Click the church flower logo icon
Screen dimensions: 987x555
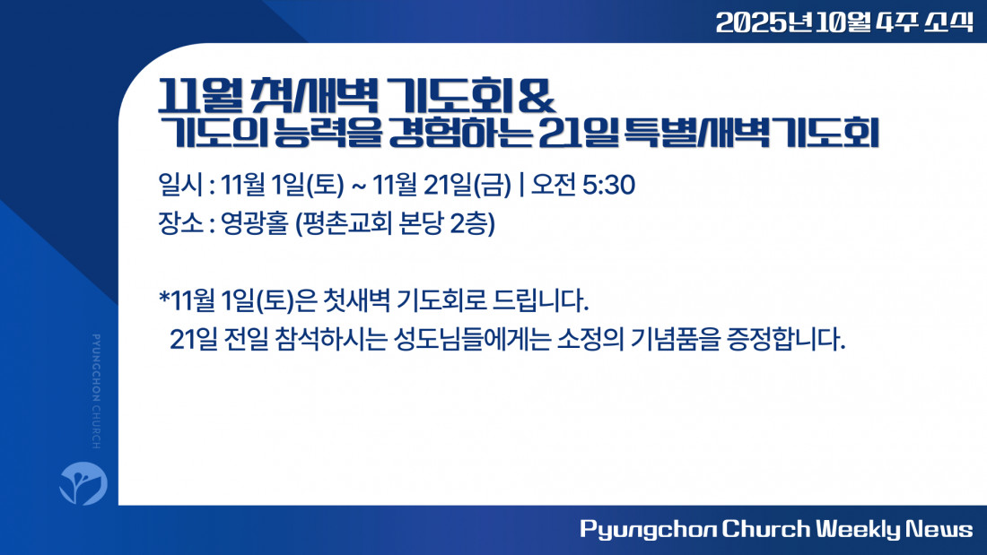[x=83, y=483]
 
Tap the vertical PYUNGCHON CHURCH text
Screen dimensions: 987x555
[x=96, y=392]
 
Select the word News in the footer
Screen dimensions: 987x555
[x=939, y=529]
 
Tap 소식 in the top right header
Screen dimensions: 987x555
[x=948, y=22]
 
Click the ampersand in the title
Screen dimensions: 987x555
[x=537, y=97]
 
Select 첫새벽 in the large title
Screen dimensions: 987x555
[x=314, y=96]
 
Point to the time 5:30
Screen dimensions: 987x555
[x=608, y=185]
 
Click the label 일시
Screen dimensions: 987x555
[x=180, y=185]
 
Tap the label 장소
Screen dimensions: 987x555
[x=180, y=223]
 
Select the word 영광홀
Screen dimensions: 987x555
[x=254, y=223]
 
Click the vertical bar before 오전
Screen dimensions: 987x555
[x=521, y=185]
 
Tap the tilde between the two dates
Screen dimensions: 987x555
[x=359, y=186]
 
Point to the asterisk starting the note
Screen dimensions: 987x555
[x=164, y=297]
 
